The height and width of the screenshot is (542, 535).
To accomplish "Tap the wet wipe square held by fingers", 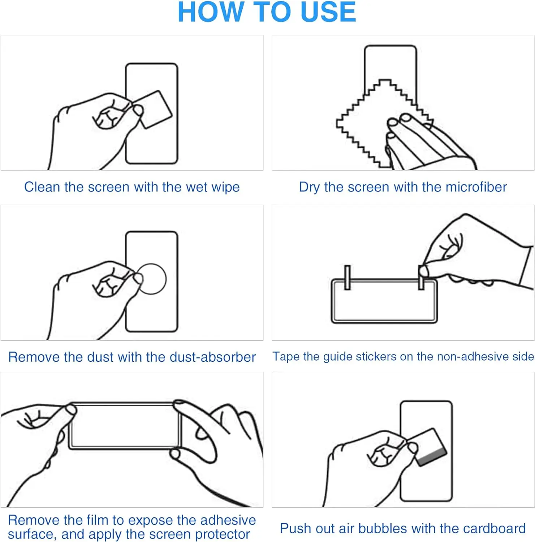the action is [x=154, y=109].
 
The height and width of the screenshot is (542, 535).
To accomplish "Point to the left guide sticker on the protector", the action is [x=348, y=278].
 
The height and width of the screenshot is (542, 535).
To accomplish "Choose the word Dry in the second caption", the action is [x=309, y=188].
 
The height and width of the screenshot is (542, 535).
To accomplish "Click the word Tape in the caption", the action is [x=286, y=357].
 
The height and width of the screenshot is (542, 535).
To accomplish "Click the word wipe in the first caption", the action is [x=225, y=188].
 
